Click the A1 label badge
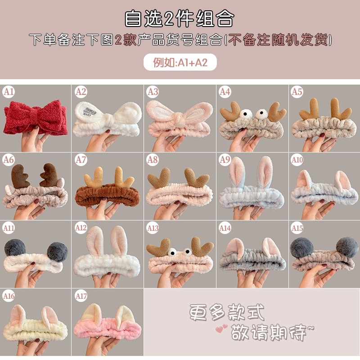(x=9, y=92)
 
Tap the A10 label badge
(x=297, y=160)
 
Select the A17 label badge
(x=81, y=296)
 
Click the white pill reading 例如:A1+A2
(x=180, y=62)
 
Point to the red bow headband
(x=36, y=117)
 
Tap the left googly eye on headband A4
(x=245, y=113)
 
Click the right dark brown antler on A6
(x=49, y=175)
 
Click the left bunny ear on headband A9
(x=237, y=174)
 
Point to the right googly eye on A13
(x=187, y=252)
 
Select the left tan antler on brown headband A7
(x=94, y=177)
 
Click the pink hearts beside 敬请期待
(x=221, y=328)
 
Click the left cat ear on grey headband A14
(x=234, y=249)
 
